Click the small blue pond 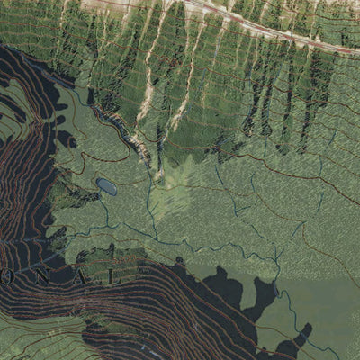coord(106,186)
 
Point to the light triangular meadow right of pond coord(171,189)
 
